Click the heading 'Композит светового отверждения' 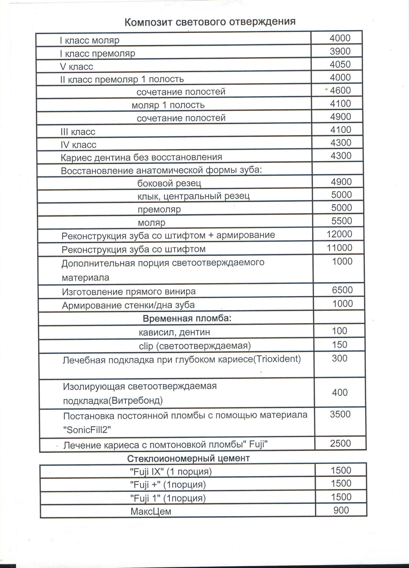point(210,22)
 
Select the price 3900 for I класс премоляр point(340,51)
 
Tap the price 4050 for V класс point(340,64)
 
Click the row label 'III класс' point(78,132)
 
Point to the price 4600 point(340,90)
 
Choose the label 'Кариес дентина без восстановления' point(141,157)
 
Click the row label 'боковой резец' point(169,183)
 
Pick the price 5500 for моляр point(342,221)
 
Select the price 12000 point(339,234)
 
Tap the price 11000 point(339,248)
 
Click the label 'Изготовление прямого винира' point(129,292)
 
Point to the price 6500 point(342,290)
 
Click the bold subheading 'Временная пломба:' point(187,318)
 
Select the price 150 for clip point(339,345)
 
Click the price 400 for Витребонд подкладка point(340,393)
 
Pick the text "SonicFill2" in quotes point(87,430)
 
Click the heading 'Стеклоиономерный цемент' point(188,458)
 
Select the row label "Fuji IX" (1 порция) point(171,472)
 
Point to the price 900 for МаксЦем point(341,510)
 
